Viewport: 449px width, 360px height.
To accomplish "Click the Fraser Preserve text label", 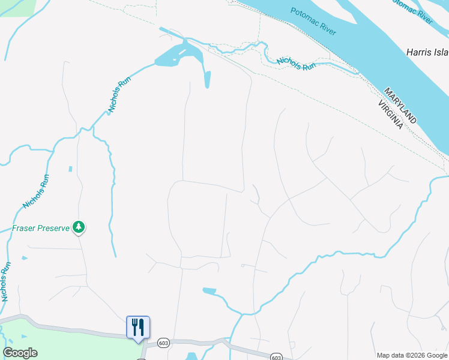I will pyautogui.click(x=40, y=229).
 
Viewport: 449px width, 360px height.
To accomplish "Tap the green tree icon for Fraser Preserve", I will pyautogui.click(x=78, y=227).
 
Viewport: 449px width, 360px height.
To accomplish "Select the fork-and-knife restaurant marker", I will pyautogui.click(x=138, y=328).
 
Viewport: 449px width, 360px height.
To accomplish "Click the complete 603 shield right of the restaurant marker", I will pyautogui.click(x=164, y=343).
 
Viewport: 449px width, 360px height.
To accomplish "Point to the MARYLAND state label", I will pyautogui.click(x=400, y=106).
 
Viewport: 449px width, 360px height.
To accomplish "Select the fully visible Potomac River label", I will pyautogui.click(x=313, y=21).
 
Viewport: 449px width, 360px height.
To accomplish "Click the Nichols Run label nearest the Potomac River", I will pyautogui.click(x=296, y=64).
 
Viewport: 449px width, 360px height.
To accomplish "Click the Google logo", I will pyautogui.click(x=20, y=353).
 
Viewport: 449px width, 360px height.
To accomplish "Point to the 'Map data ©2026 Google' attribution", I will pyautogui.click(x=412, y=355).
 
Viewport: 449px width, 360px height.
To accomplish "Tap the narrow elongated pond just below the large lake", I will pyautogui.click(x=208, y=79).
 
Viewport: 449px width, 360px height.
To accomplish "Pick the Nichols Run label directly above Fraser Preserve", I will pyautogui.click(x=35, y=191).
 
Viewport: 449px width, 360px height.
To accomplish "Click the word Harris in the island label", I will pyautogui.click(x=419, y=52).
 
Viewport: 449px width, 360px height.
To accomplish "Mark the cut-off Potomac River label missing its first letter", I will pyautogui.click(x=411, y=11).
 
